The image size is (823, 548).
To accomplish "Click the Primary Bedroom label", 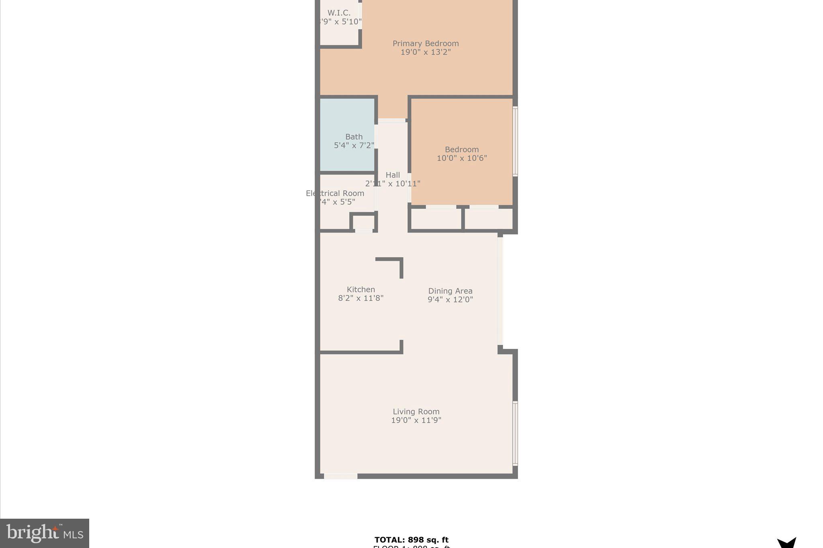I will (x=425, y=43).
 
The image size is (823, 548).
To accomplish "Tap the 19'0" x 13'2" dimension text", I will (x=425, y=52).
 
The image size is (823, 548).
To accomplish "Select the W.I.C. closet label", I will (x=339, y=13).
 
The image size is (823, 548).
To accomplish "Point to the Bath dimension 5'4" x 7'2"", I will (x=354, y=145).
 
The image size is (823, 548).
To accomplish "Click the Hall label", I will (x=393, y=175).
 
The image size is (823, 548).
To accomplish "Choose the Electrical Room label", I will (x=335, y=193).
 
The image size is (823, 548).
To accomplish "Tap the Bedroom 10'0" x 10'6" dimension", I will (x=462, y=158).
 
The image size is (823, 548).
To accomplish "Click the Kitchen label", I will (x=361, y=289).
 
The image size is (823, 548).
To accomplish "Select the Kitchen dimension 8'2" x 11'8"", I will (x=361, y=298).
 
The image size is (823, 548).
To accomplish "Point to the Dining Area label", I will (x=450, y=291).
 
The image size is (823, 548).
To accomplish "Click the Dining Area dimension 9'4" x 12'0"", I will (x=450, y=299).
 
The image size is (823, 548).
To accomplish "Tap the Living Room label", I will (x=416, y=412).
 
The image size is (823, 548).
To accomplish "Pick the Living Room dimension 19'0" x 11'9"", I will (x=416, y=420).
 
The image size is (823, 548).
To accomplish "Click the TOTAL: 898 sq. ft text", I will (x=411, y=540).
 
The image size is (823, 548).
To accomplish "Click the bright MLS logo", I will (x=45, y=533).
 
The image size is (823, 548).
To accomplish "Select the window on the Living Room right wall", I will (x=515, y=433).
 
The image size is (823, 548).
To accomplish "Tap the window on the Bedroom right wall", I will (x=515, y=141).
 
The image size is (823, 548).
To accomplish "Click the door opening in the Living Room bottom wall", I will (x=340, y=476).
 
